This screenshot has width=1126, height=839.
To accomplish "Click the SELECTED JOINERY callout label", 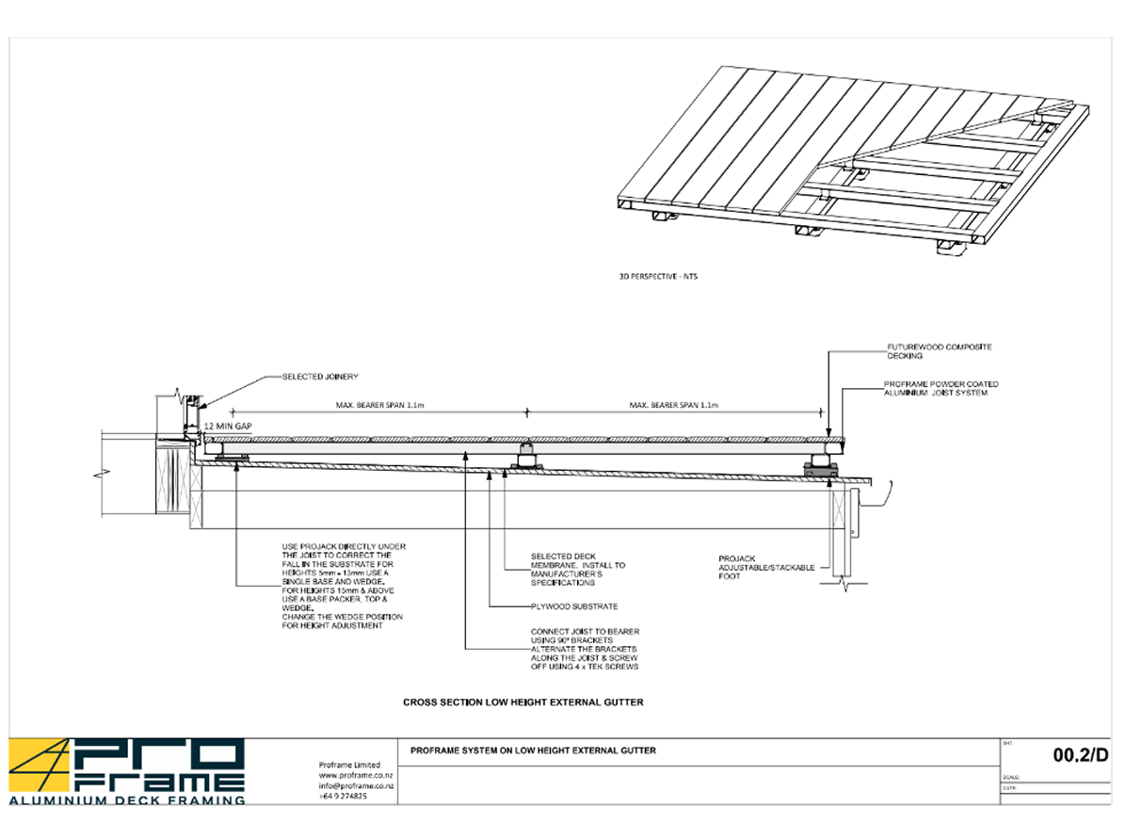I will pyautogui.click(x=320, y=377).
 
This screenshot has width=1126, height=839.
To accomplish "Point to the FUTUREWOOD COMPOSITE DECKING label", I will pyautogui.click(x=939, y=351).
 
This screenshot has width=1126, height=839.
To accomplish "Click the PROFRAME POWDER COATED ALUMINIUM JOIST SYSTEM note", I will pyautogui.click(x=941, y=388).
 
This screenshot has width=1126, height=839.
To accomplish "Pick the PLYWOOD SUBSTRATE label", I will pyautogui.click(x=573, y=606).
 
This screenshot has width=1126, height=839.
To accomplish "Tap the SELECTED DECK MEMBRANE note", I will pyautogui.click(x=577, y=569).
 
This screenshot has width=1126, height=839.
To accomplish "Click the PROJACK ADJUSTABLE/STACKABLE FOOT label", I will pyautogui.click(x=766, y=567).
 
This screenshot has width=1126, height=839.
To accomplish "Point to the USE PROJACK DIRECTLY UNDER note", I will pyautogui.click(x=344, y=586).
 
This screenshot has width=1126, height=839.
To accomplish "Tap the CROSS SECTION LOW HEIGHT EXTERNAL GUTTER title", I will pyautogui.click(x=523, y=702).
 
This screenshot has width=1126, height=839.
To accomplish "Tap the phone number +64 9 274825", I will pyautogui.click(x=343, y=796).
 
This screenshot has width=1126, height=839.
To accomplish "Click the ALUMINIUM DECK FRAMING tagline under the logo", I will pyautogui.click(x=127, y=799).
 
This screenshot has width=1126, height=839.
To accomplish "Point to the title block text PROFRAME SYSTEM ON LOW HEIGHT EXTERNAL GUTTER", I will pyautogui.click(x=534, y=750).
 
